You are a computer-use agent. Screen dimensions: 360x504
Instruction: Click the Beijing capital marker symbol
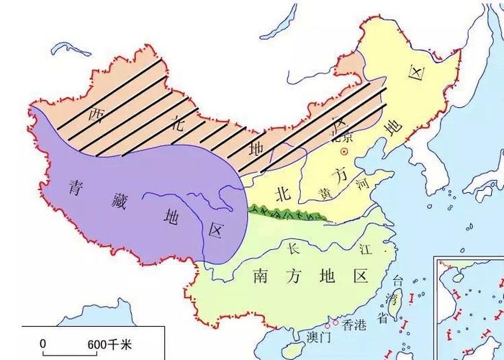pyautogui.click(x=344, y=153)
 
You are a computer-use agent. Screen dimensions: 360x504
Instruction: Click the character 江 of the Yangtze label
pyautogui.click(x=365, y=250)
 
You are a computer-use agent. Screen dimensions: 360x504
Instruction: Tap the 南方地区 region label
pyautogui.click(x=310, y=276)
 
